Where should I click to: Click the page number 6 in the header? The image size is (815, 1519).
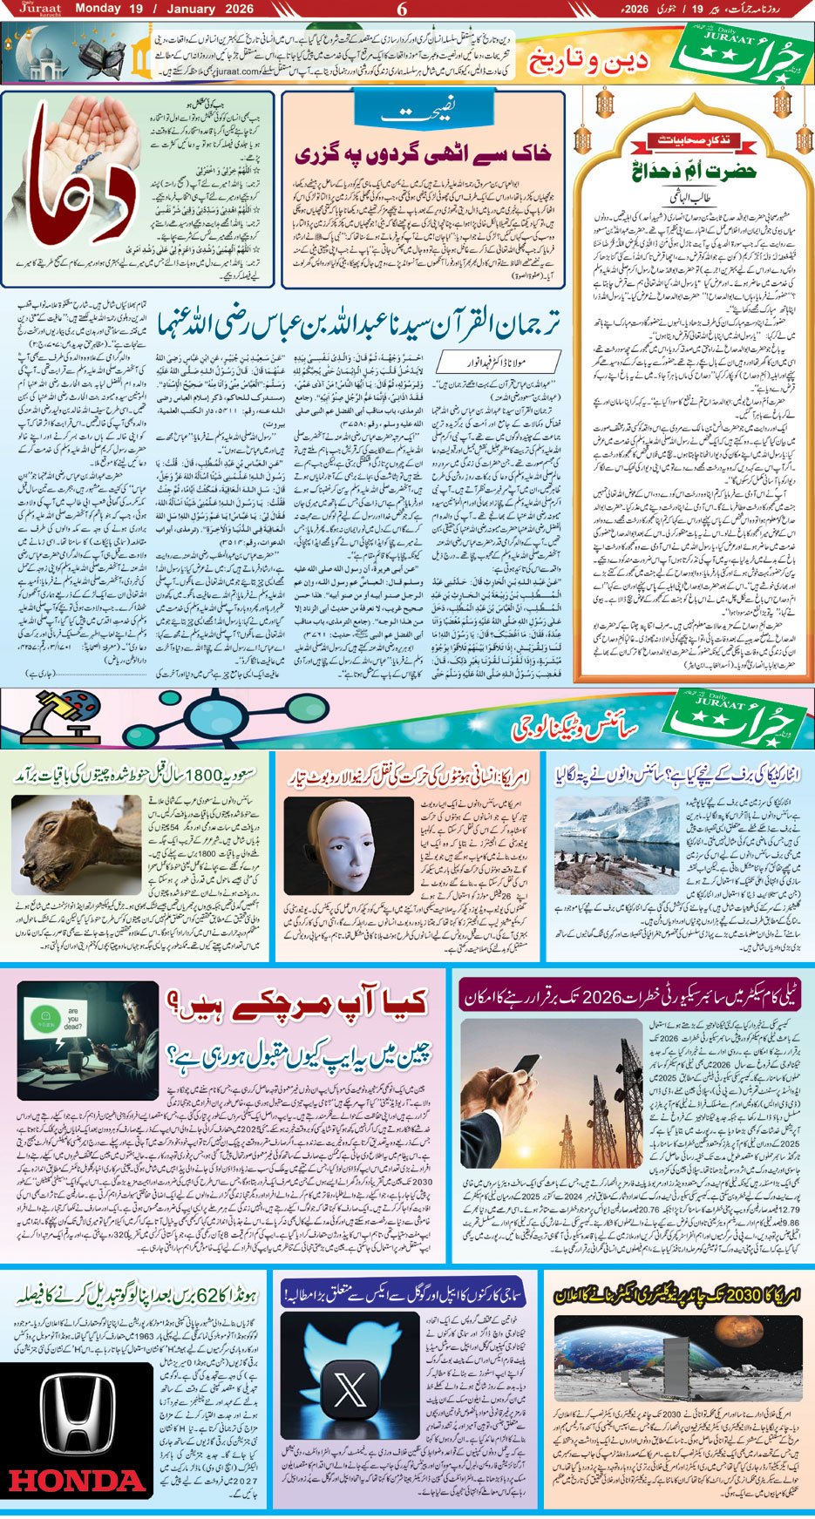pos(402,10)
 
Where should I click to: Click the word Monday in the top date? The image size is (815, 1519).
pos(97,10)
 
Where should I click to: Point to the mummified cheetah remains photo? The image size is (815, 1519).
pos(70,837)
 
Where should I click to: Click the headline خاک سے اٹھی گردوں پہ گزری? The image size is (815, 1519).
pos(424,155)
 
